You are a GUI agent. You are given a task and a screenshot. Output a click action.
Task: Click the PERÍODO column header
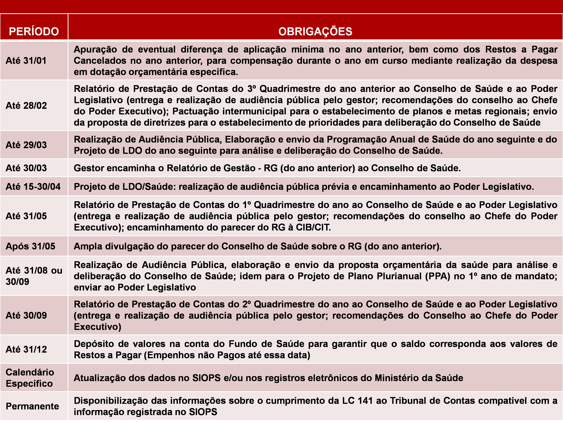tap(34, 32)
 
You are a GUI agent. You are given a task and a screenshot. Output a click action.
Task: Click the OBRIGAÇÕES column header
tap(315, 32)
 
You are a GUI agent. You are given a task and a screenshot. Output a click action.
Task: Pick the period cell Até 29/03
tap(26, 145)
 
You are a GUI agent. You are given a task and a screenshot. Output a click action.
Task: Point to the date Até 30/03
tap(26, 168)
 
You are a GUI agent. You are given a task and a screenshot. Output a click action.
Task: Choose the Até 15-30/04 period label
tap(33, 187)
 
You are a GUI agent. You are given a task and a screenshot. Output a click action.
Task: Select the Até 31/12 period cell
tap(26, 349)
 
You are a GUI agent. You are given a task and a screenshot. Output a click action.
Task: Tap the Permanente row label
tap(32, 406)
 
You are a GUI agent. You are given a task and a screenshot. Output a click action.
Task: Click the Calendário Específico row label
tap(30, 378)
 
